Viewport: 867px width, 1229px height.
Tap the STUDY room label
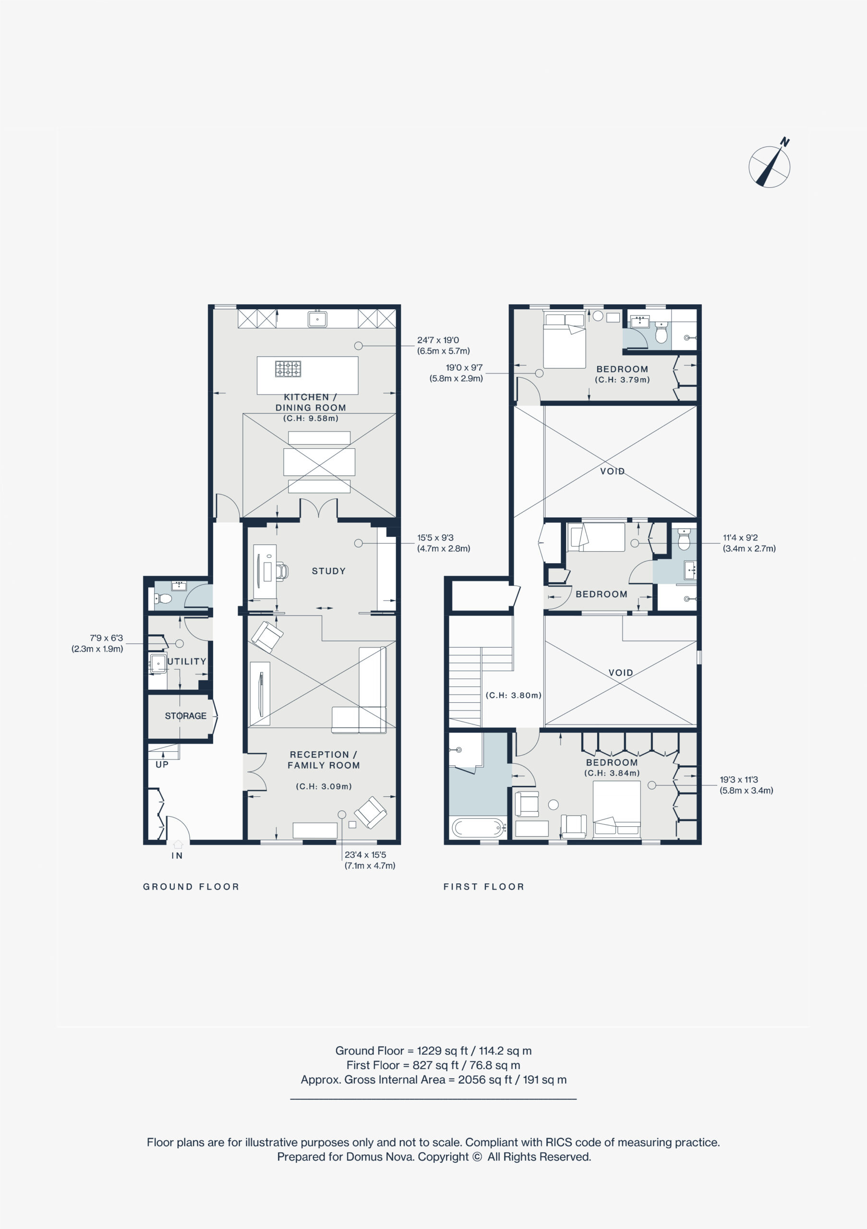328,571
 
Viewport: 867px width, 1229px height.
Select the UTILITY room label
187,662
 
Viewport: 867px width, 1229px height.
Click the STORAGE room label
185,716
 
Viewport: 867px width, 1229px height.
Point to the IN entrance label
177,856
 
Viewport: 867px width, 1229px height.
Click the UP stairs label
162,764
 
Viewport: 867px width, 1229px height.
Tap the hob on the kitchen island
288,369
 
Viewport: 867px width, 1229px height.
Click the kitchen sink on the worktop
317,319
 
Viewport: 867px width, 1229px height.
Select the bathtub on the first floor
479,828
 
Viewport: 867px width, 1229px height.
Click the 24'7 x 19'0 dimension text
438,340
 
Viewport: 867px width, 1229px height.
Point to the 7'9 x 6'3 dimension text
106,638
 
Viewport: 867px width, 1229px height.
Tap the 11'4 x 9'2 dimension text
740,537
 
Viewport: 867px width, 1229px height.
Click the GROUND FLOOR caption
191,887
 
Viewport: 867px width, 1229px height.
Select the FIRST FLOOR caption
484,887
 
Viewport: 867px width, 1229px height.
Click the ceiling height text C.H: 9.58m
311,418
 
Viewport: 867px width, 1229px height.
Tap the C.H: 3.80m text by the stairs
514,695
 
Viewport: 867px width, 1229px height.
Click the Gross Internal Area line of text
433,1080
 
